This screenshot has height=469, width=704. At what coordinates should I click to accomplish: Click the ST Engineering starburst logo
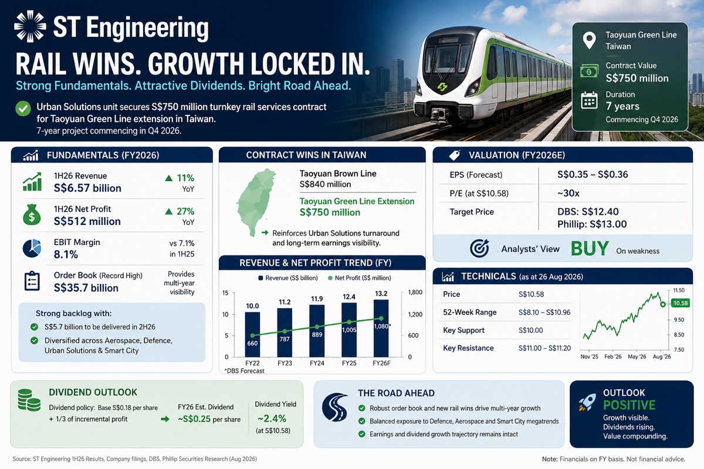click(30, 26)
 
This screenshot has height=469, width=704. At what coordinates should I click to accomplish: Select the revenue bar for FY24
click(317, 331)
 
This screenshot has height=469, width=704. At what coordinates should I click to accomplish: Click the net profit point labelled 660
click(252, 335)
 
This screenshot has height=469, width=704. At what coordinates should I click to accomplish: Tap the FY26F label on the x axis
click(381, 363)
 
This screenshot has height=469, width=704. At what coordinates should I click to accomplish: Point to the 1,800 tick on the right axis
click(415, 292)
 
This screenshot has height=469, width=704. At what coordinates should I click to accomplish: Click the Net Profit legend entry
click(359, 278)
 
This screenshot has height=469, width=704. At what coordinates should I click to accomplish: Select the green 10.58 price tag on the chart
click(681, 303)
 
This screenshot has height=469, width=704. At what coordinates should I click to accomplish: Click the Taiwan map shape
click(255, 202)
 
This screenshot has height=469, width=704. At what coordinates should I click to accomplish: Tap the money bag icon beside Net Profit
click(32, 215)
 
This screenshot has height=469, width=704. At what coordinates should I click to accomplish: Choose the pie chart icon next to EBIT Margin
click(32, 248)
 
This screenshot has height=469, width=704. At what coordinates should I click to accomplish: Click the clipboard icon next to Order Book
click(32, 281)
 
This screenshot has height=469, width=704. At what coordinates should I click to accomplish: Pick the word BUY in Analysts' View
click(590, 249)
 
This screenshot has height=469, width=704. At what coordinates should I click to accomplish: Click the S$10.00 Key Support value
click(531, 330)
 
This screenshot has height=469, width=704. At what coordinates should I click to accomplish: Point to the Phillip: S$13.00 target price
click(592, 224)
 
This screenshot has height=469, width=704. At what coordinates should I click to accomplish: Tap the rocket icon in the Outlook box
click(587, 402)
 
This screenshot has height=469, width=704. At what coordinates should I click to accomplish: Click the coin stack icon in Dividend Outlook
click(29, 400)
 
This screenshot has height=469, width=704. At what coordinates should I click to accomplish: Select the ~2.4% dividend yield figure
click(272, 419)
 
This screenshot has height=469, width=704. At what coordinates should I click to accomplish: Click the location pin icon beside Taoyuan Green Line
click(589, 40)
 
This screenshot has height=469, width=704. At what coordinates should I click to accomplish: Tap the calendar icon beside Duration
click(589, 100)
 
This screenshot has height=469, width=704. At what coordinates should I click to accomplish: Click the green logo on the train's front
click(442, 87)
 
